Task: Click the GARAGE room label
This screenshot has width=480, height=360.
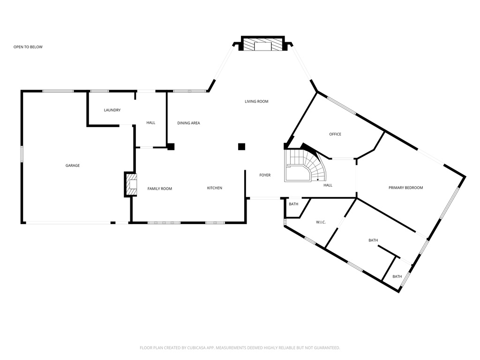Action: pyautogui.click(x=72, y=165)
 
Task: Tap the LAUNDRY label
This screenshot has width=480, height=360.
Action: pyautogui.click(x=112, y=110)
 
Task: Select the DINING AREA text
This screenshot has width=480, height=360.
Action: pyautogui.click(x=188, y=123)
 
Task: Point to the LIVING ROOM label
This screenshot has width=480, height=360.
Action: pyautogui.click(x=256, y=101)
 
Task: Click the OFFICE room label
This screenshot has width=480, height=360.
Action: pyautogui.click(x=335, y=135)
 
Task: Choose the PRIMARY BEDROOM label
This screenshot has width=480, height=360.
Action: pyautogui.click(x=405, y=188)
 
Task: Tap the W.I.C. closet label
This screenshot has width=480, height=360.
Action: pyautogui.click(x=321, y=222)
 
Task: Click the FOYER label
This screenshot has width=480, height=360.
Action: pyautogui.click(x=265, y=175)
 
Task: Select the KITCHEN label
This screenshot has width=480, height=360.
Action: pyautogui.click(x=215, y=188)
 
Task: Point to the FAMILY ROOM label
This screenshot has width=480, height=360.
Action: pyautogui.click(x=160, y=188)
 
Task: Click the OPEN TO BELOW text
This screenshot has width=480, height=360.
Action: pyautogui.click(x=28, y=47)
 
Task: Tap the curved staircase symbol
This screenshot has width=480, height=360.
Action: pyautogui.click(x=305, y=166)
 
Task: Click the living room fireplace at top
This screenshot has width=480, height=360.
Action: pyautogui.click(x=262, y=45)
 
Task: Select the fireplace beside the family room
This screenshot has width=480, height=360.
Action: pyautogui.click(x=131, y=185)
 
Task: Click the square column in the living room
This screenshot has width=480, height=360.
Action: pyautogui.click(x=241, y=147)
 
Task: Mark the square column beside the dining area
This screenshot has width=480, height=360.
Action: pyautogui.click(x=171, y=147)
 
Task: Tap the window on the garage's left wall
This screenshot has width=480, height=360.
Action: pyautogui.click(x=22, y=154)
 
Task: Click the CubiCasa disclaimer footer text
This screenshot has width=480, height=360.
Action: pyautogui.click(x=240, y=348)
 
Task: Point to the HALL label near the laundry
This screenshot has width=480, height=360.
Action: pyautogui.click(x=150, y=123)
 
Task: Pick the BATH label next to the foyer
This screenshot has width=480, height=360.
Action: pyautogui.click(x=293, y=204)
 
